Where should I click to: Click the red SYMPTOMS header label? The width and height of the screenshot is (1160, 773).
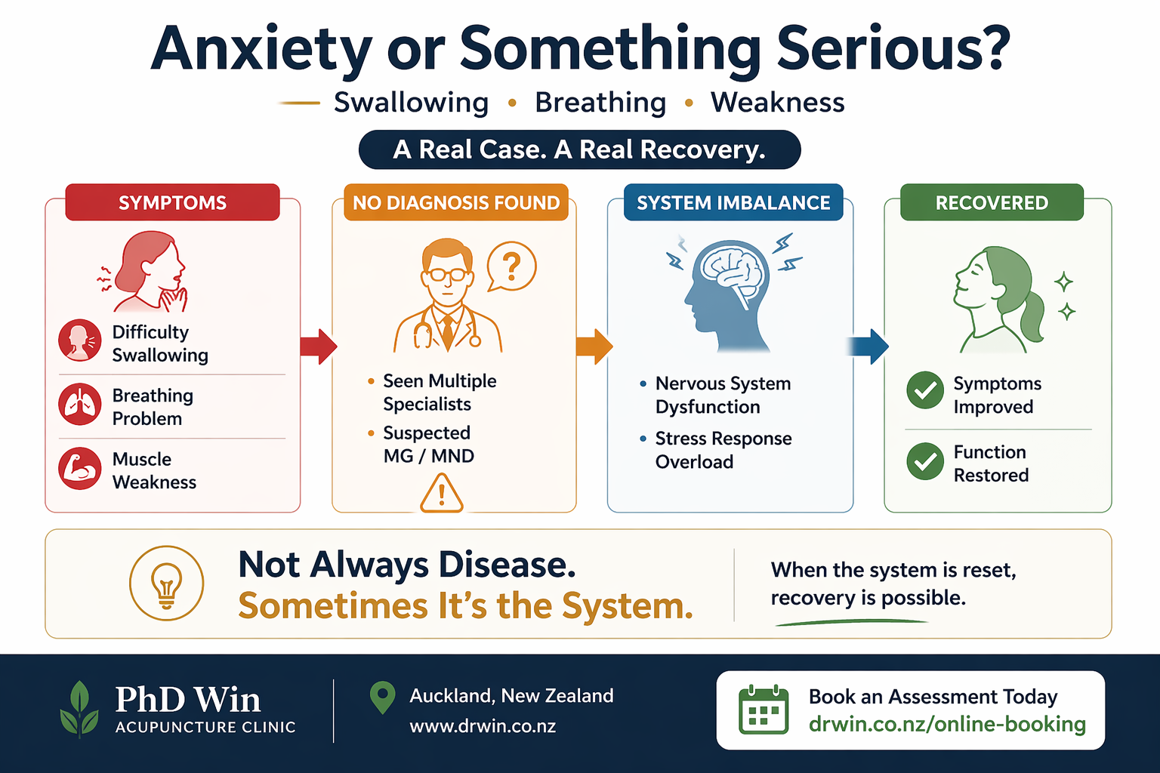click(x=172, y=202)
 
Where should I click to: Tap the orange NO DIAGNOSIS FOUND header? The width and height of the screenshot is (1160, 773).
click(x=456, y=202)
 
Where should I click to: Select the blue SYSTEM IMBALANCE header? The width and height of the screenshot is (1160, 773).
click(x=733, y=202)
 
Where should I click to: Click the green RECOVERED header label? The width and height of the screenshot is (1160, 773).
click(x=992, y=202)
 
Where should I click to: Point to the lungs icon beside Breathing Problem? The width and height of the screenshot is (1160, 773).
click(x=80, y=405)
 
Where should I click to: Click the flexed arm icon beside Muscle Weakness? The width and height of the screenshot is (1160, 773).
click(x=80, y=469)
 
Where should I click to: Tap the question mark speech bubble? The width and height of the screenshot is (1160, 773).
click(x=511, y=267)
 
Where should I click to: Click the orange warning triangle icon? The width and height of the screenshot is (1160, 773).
click(x=441, y=494)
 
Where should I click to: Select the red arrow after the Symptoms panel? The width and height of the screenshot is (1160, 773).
click(x=318, y=346)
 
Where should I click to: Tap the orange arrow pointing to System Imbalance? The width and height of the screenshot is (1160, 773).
click(x=594, y=346)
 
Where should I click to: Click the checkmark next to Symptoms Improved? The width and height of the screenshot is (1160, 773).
click(x=925, y=390)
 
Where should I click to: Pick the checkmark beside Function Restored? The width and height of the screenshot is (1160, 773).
click(x=925, y=461)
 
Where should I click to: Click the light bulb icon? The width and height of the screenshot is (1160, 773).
click(x=167, y=584)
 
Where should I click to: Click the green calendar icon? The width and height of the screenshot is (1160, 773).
click(x=763, y=710)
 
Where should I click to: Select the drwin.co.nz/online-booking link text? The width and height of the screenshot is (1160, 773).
click(x=947, y=724)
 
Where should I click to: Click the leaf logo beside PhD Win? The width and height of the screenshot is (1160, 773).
click(x=79, y=709)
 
